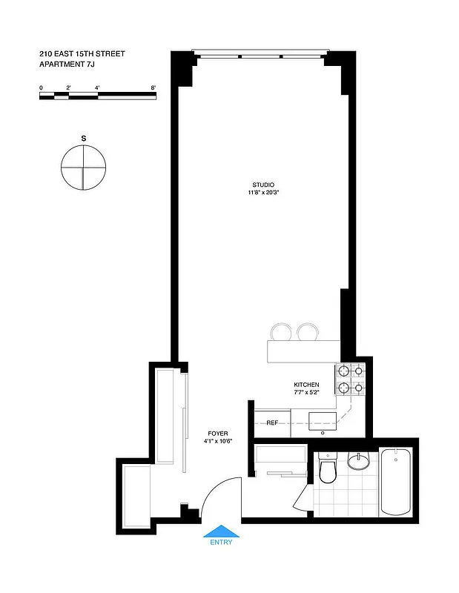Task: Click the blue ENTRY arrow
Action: pos(221,530)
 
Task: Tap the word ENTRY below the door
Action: pos(221,542)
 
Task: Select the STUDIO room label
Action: pos(263,185)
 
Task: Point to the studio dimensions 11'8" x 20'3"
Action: pos(263,193)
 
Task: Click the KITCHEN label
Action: pos(306,385)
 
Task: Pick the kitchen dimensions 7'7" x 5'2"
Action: pos(306,393)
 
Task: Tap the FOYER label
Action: pos(218,434)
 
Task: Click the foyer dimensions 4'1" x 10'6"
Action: pos(218,442)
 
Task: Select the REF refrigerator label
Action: pos(272,423)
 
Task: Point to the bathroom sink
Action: pos(359,462)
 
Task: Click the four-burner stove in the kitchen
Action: pos(351,378)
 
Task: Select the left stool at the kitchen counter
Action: pos(282,332)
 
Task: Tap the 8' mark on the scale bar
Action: pos(153,88)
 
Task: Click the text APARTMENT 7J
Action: pos(67,64)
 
